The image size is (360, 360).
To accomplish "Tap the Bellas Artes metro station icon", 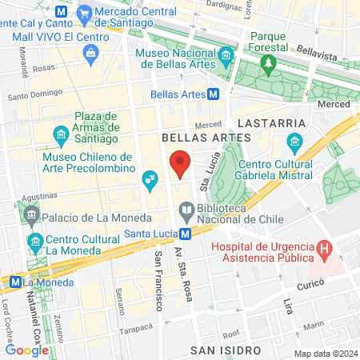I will point(214,94).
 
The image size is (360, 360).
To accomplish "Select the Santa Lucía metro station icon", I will point(185,234).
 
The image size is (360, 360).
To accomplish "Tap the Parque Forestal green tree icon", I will point(270,62).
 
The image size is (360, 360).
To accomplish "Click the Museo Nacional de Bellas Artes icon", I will point(226,55).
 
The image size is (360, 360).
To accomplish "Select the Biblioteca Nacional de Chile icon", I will point(186,210).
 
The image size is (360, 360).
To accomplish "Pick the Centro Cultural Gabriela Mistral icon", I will point(294,144).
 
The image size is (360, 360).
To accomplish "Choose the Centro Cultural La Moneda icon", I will point(34,241).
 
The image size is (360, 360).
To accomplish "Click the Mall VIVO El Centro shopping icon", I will point(90,53).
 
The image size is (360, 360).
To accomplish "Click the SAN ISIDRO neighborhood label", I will point(226,350).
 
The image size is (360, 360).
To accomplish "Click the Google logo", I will point(26,350).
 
